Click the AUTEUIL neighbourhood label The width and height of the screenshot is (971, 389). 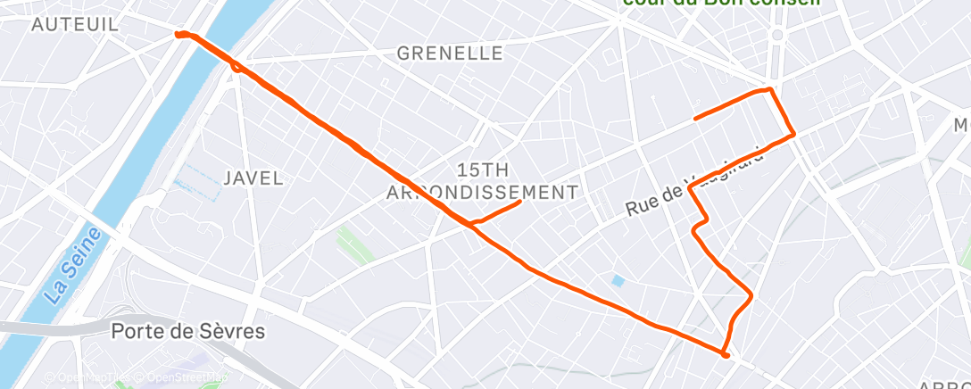(75, 24)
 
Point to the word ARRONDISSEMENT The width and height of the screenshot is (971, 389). (482, 192)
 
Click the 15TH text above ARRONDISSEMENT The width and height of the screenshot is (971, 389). (482, 170)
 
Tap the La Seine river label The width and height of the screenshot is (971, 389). (73, 266)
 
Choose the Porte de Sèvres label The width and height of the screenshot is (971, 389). (188, 331)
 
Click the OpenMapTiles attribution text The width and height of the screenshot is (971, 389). (86, 377)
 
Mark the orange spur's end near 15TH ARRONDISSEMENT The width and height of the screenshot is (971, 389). (519, 203)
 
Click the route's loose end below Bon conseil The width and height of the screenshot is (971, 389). (696, 117)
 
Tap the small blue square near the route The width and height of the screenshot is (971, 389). (618, 281)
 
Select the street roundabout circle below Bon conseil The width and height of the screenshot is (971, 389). (776, 35)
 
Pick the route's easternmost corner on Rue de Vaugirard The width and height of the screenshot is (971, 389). (793, 135)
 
